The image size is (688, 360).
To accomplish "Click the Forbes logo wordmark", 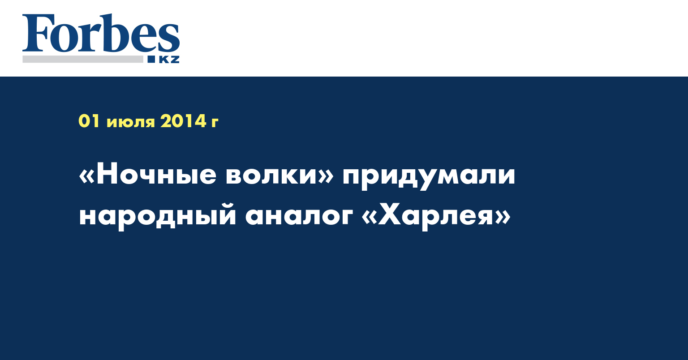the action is pos(101,33).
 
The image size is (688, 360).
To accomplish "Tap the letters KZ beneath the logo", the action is pos(169,59).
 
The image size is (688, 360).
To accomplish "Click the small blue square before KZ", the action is pos(151,59).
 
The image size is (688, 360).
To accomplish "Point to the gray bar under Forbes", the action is pos(83,59).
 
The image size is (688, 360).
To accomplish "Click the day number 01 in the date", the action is pos(90,121).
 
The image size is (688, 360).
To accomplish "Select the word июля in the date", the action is pos(131,123).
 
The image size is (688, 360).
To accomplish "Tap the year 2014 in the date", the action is pos(183,121).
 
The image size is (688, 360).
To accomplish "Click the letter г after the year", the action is pos(215,123).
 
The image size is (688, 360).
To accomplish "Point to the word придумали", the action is pos(429,179).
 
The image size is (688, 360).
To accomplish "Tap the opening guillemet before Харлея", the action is pos(369,217).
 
